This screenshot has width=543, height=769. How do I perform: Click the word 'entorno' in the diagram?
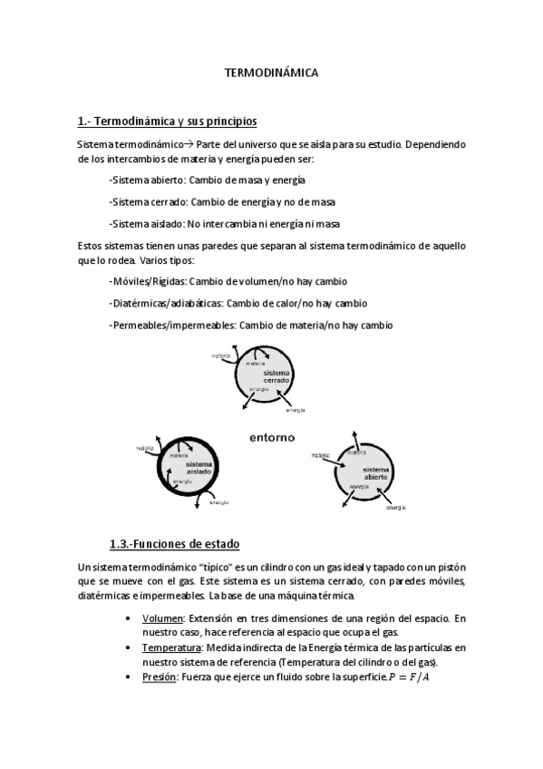point(272,437)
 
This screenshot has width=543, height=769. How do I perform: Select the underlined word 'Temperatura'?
point(172,647)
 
